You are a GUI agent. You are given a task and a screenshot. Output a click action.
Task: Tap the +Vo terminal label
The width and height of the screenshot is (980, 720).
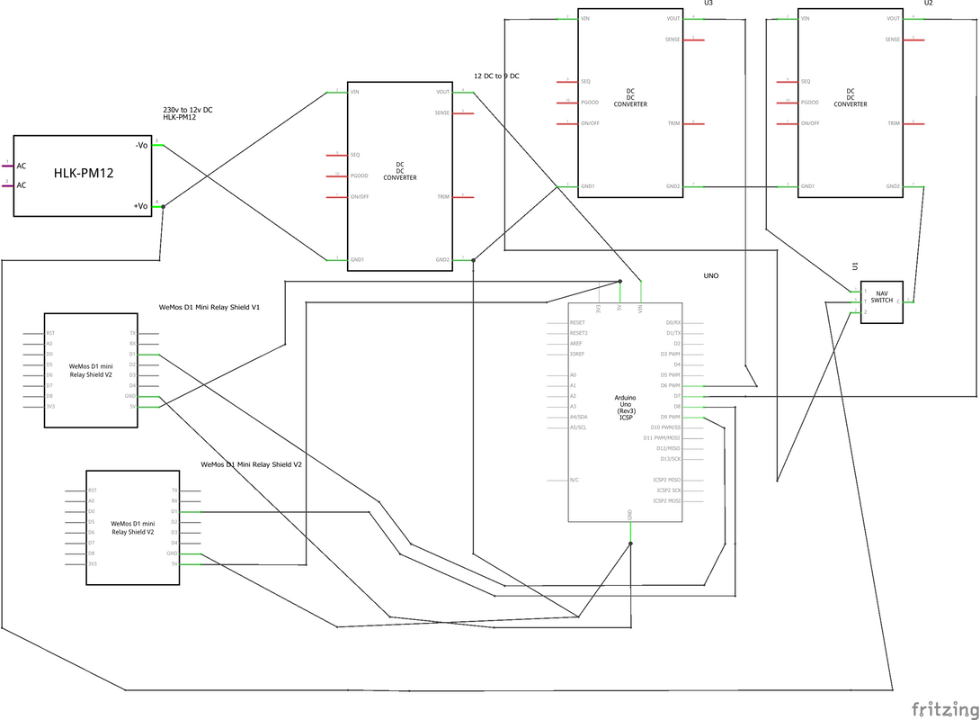pos(141,206)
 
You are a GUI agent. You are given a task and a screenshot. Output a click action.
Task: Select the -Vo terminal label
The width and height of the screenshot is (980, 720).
pos(141,144)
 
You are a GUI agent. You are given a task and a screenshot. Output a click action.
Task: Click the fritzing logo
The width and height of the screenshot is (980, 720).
pos(943,706)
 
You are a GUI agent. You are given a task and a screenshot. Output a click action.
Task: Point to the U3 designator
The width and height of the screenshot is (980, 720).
pos(708,4)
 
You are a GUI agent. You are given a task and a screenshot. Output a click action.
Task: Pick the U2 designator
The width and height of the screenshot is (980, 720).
pos(929,4)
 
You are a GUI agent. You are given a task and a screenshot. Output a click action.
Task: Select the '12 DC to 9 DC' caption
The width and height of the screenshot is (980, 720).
pos(496,76)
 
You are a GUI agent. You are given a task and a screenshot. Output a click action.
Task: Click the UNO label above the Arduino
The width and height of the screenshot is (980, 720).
pos(711,276)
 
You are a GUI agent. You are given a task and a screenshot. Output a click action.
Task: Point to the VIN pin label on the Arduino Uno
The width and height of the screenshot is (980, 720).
pos(641,309)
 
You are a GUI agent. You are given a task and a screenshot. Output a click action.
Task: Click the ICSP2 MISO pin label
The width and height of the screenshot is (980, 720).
pos(667,480)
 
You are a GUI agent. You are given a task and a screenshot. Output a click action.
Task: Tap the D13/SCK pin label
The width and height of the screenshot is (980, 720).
pos(668,458)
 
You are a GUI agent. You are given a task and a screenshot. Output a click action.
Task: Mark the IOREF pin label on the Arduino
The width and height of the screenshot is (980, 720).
pos(578,354)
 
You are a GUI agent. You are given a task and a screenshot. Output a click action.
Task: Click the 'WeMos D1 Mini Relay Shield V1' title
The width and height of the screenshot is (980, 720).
pos(209,307)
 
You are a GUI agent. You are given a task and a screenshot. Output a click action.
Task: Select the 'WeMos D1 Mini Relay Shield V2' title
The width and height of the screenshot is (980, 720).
pos(251,464)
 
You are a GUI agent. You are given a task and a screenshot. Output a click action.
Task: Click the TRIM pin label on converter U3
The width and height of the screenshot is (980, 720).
pos(673,123)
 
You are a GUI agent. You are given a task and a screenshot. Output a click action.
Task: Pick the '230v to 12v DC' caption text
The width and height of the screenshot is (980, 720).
pos(187,110)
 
